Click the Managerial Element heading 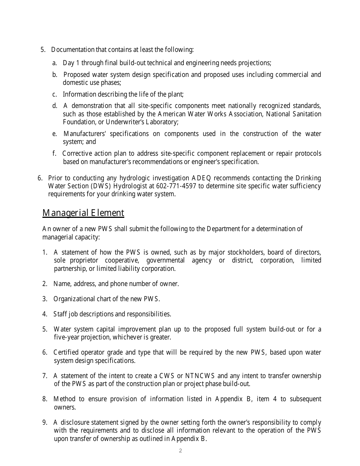coord(83,213)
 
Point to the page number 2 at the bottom coord(180,450)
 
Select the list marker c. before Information coord(55,94)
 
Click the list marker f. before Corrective coord(55,153)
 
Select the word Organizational coord(77,299)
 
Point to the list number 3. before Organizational coord(45,299)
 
